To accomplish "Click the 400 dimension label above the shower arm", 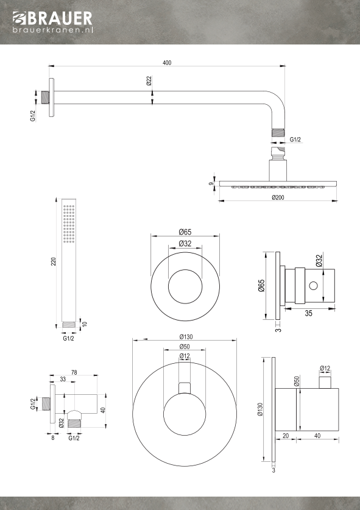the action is click(x=167, y=63).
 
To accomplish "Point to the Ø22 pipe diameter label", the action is click(x=149, y=80).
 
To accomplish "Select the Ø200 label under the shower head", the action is click(x=278, y=197).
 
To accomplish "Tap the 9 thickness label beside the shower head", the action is click(x=211, y=184).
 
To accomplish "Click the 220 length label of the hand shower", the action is click(x=54, y=261).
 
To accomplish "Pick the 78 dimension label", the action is click(x=74, y=372).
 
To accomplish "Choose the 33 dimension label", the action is click(x=63, y=379).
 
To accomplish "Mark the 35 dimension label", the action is click(x=309, y=313).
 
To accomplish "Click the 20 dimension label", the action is click(x=286, y=436).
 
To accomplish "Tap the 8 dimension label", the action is click(x=52, y=437).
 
